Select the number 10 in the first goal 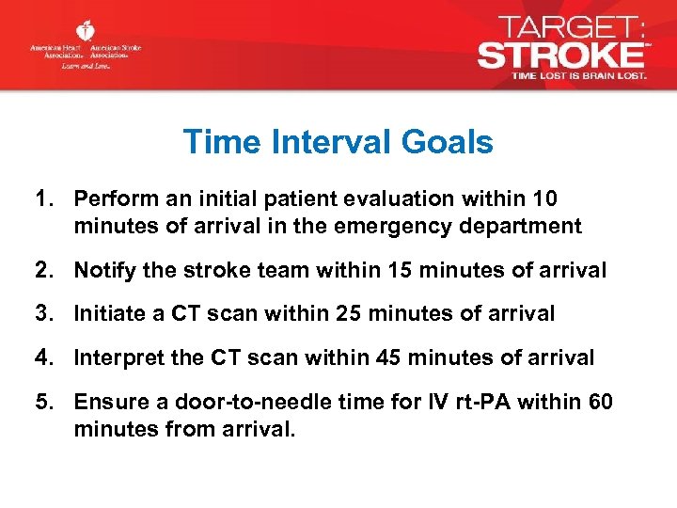click(x=545, y=199)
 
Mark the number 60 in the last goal click(x=600, y=403)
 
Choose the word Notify click(x=102, y=271)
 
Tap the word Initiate click(x=106, y=314)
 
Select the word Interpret click(x=115, y=357)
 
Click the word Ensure click(x=105, y=403)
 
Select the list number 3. click(x=42, y=314)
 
